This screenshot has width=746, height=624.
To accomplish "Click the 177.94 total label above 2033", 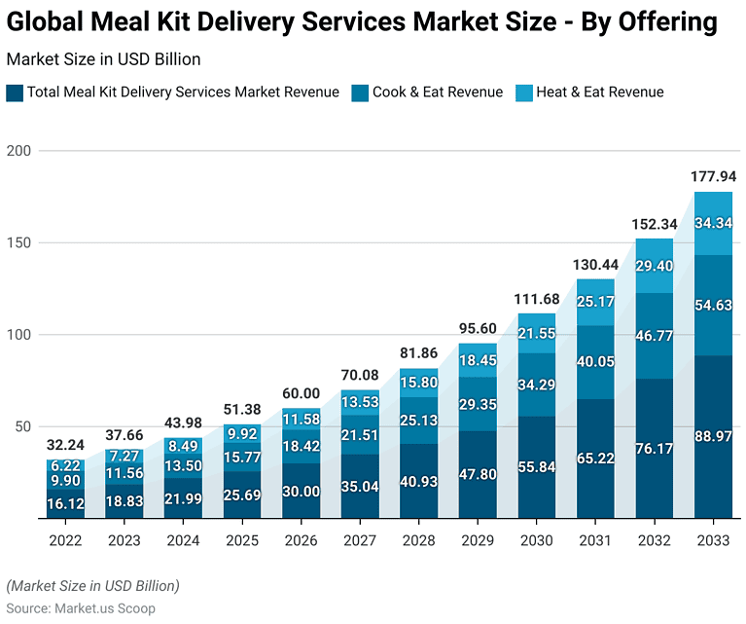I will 713,176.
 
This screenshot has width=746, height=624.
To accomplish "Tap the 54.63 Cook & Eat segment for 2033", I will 713,306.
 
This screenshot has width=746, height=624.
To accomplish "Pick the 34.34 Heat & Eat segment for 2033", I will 713,223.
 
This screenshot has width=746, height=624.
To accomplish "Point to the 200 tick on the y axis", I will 18,151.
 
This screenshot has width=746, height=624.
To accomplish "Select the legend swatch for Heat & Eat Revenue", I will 526,92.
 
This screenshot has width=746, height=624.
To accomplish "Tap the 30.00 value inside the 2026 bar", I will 302,492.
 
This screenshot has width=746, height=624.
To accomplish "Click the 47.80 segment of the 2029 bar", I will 478,475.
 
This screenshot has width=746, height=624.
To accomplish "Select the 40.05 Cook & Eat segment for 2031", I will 595,362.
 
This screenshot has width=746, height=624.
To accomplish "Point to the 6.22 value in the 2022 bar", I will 65,467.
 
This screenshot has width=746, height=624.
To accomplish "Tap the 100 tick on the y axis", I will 18,335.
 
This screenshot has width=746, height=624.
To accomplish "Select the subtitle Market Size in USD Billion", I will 103,59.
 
